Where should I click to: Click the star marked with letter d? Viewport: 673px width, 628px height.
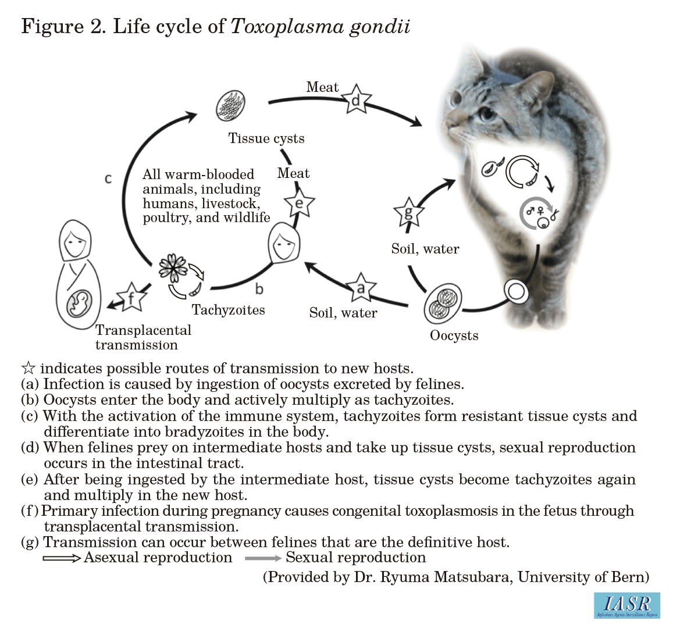[357, 100]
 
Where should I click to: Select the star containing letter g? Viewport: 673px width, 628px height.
[408, 213]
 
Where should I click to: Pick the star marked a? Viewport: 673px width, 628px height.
[361, 287]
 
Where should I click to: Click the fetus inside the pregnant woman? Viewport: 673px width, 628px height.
[80, 304]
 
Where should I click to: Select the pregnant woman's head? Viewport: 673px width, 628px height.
[74, 240]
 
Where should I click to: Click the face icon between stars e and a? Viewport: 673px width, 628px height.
[283, 244]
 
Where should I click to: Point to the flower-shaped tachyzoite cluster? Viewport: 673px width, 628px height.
[173, 268]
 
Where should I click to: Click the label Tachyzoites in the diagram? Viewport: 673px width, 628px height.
[228, 310]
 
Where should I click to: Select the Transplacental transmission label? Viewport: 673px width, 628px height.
[143, 337]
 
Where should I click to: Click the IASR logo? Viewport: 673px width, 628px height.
[626, 605]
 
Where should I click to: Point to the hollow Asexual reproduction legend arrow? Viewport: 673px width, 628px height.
[62, 558]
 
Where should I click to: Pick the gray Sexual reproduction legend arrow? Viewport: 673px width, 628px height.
[263, 558]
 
